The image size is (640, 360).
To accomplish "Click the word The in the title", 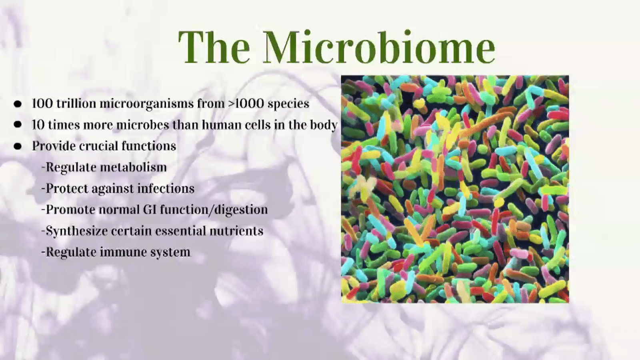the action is pyautogui.click(x=214, y=47).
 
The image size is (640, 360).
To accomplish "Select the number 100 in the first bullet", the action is pyautogui.click(x=42, y=104).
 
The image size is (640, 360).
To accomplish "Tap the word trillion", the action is pyautogui.click(x=76, y=104).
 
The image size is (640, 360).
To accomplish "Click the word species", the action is pyautogui.click(x=288, y=104).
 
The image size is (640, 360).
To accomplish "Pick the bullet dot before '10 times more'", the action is pyautogui.click(x=18, y=125).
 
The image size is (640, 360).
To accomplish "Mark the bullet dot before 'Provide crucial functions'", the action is pyautogui.click(x=18, y=146).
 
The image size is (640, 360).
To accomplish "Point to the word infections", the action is pyautogui.click(x=166, y=188).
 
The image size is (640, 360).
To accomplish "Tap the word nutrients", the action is pyautogui.click(x=236, y=231).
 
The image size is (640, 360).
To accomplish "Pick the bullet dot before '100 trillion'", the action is pyautogui.click(x=18, y=104).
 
